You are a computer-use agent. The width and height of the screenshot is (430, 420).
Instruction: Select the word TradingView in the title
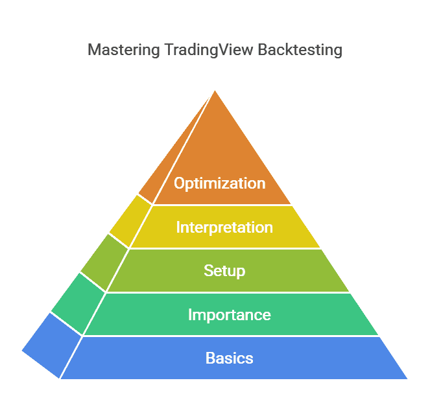pos(198,50)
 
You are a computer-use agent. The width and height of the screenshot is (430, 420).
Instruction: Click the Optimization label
pos(219,183)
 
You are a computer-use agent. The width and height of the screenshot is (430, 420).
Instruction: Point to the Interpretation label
pos(224,227)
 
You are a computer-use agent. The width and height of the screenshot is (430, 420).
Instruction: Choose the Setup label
pos(224,270)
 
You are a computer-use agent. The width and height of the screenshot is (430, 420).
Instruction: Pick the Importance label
pos(229,315)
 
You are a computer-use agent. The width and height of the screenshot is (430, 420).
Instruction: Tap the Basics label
pos(229,358)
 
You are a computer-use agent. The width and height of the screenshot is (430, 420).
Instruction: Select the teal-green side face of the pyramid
pos(78,303)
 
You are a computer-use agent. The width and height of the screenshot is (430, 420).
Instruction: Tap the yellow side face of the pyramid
pos(130,221)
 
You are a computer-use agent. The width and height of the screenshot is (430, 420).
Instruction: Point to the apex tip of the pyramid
pos(215,91)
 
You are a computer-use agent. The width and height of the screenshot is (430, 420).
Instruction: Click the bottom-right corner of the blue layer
pos(406,378)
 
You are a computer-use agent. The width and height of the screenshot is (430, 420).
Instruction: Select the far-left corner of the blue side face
pos(23,351)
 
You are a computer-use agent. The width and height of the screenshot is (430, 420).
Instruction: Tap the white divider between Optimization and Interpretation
pos(221,205)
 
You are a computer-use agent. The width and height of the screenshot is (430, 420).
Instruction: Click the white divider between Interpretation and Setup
pos(224,249)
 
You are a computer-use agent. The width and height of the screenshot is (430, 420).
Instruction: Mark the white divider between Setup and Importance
pos(227,292)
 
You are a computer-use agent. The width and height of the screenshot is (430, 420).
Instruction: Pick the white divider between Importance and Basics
pos(230,336)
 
